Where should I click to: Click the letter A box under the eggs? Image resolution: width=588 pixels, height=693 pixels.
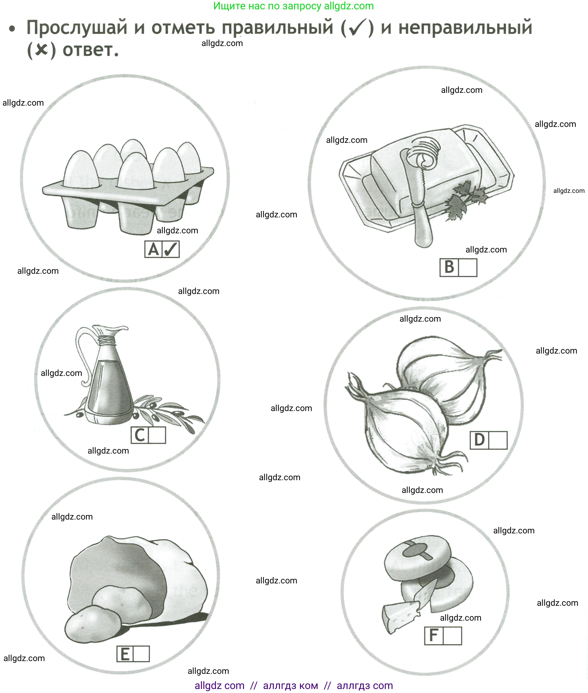tap(153, 249)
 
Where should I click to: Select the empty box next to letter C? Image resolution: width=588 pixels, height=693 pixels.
tap(157, 435)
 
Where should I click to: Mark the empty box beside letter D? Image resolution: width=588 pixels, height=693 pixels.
tap(498, 440)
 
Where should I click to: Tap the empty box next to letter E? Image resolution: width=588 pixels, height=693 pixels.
tap(141, 654)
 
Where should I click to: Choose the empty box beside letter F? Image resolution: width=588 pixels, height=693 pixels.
tap(452, 636)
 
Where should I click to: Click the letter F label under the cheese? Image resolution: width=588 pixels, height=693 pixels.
tap(434, 636)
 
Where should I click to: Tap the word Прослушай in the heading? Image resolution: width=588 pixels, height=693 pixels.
tap(77, 28)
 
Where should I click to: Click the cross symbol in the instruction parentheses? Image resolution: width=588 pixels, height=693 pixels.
tap(41, 50)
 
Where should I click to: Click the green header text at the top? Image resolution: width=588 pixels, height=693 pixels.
tap(293, 6)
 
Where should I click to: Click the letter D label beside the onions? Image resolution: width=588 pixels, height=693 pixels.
tap(479, 440)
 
